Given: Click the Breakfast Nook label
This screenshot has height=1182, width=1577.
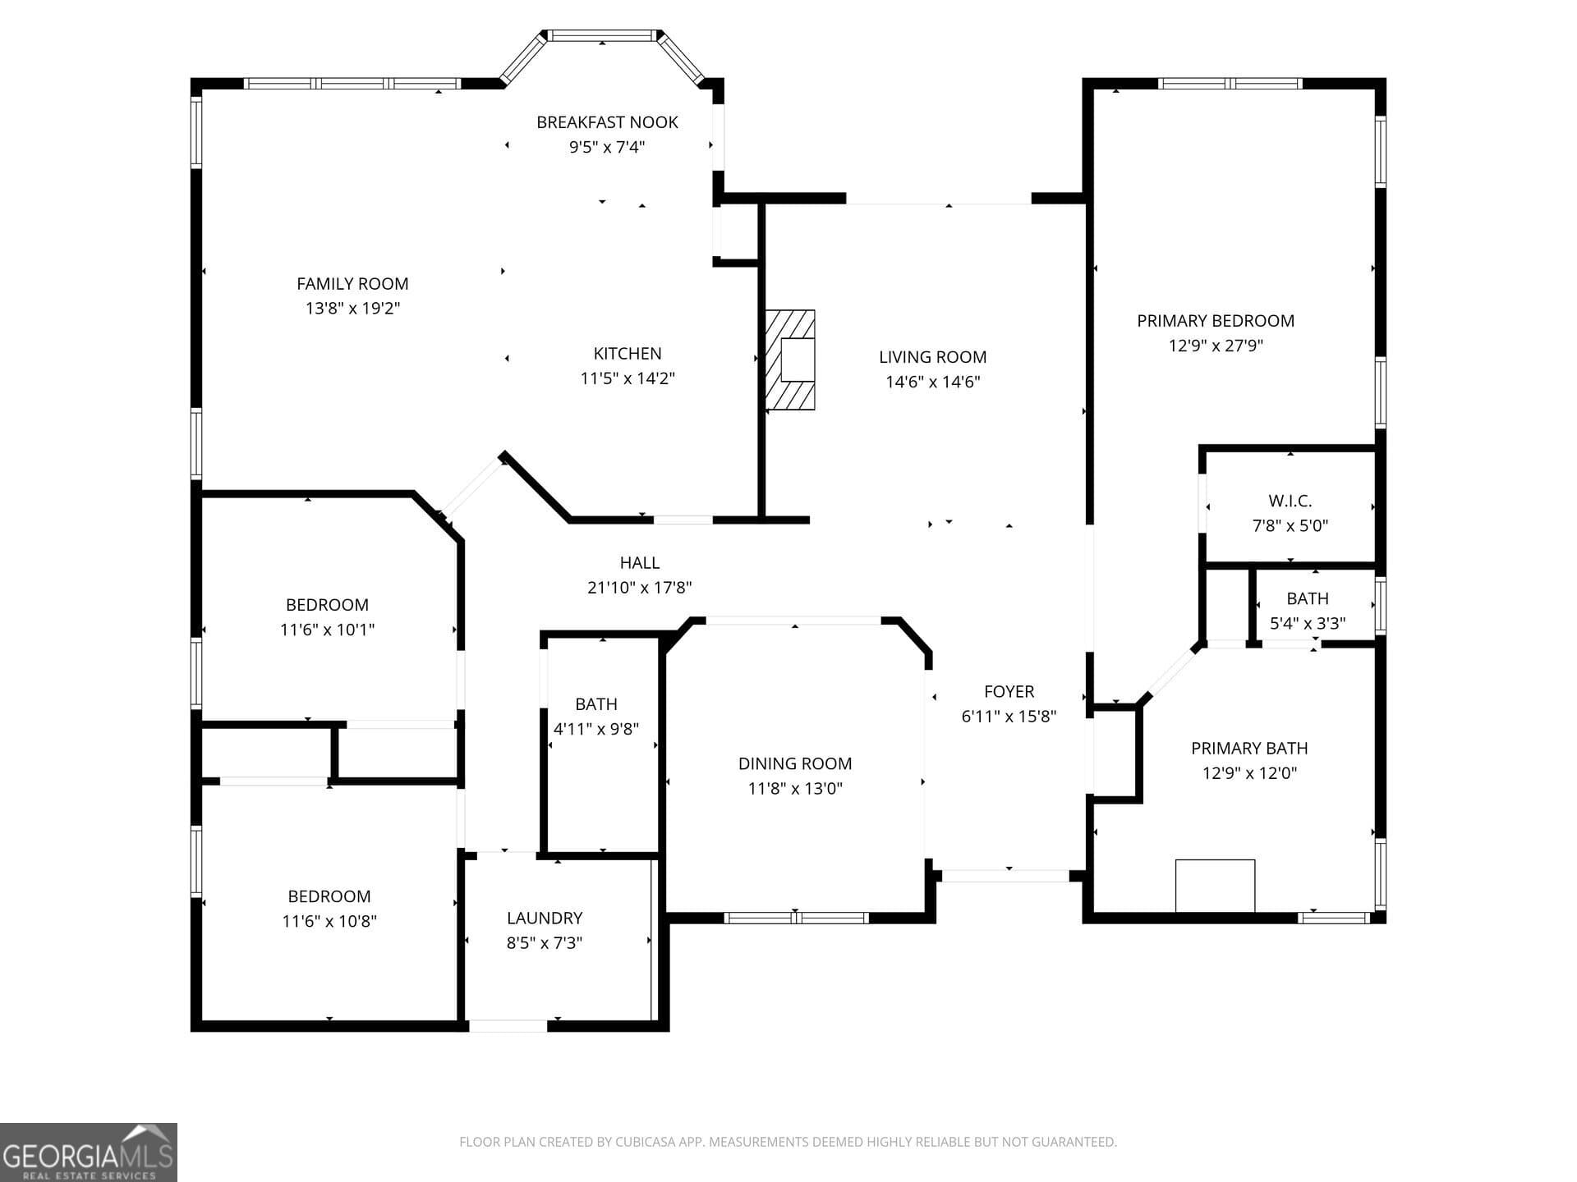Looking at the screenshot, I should pos(607,122).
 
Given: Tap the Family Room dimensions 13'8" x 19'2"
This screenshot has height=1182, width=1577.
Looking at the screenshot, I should pos(352,309).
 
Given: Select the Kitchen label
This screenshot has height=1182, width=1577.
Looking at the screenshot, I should pos(628,354).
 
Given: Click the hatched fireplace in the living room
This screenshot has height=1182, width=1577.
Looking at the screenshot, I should pos(789,360).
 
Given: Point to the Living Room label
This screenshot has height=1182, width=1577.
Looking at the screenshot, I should pos(932,357).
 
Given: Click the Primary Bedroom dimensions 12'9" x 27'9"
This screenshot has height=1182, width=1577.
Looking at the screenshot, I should pos(1216,346).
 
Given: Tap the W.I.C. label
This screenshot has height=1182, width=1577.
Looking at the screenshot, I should pos(1290,501).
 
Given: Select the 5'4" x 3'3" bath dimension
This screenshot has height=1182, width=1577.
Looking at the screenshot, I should pos(1307,623).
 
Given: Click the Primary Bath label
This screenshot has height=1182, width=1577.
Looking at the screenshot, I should pos(1249,748).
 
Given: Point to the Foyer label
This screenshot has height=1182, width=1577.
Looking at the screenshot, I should pos(1009,691).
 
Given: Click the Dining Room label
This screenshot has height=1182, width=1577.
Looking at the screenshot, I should pos(794,763).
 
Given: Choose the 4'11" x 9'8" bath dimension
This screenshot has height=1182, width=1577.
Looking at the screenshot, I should pos(596,729).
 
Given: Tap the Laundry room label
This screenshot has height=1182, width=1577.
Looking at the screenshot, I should pos(545,918).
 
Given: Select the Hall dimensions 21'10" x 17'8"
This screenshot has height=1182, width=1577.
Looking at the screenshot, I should pos(639,588).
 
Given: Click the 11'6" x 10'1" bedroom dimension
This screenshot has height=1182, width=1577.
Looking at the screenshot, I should pos(327,630).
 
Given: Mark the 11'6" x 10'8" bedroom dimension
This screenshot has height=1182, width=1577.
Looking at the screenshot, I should pos(329,921).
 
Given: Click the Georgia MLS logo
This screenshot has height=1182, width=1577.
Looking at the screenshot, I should pos(88,1152).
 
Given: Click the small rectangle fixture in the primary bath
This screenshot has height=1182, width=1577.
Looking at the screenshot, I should pos(1215,885).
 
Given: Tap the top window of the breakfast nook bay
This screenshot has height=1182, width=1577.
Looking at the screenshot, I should pos(602,35).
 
